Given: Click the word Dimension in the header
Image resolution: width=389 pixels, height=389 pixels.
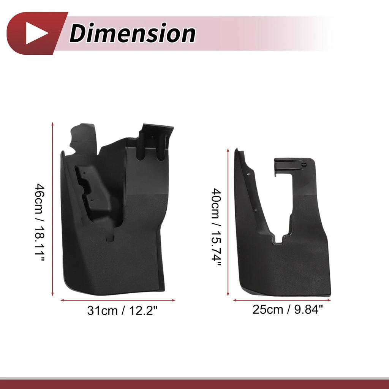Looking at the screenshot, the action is pos(132,33).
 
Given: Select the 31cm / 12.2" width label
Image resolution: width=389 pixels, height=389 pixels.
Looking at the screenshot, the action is pos(122,311).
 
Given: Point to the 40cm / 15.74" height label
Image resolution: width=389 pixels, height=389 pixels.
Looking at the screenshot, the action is pos(216,227).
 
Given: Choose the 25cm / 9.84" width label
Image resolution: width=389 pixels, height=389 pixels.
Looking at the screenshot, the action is pos(288,310).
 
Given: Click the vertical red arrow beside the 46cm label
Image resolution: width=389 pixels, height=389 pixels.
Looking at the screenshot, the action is pos(52,209).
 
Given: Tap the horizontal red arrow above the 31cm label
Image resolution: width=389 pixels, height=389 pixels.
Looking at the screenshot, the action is pos(118,300).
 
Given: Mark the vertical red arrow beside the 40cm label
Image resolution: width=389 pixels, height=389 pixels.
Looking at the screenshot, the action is pos(228,222).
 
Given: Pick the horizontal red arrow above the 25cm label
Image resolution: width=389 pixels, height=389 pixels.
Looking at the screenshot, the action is pos(282,300).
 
